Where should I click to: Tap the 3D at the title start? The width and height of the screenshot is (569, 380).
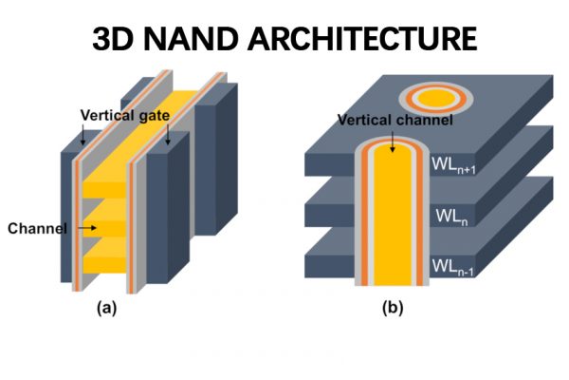pyautogui.click(x=115, y=39)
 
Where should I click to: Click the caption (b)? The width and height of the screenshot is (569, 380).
pyautogui.click(x=390, y=309)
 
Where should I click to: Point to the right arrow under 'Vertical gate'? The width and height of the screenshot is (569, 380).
pyautogui.click(x=170, y=138)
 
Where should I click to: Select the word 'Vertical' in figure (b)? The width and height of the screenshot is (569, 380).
pyautogui.click(x=363, y=121)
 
